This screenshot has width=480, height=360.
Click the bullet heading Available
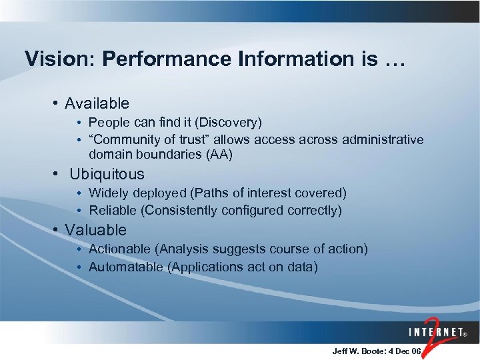(97, 103)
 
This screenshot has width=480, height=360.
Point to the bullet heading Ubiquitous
(107, 174)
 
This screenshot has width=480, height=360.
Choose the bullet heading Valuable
(95, 230)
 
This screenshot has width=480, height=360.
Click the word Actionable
(119, 249)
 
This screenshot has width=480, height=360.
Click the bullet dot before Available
(57, 103)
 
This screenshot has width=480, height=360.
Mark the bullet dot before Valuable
(57, 230)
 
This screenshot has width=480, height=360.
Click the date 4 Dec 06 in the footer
(406, 351)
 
